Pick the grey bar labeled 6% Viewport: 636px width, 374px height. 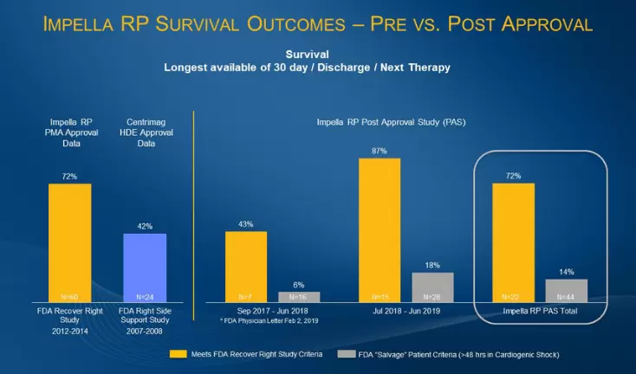click(298, 296)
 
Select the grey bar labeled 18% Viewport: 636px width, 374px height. click(432, 287)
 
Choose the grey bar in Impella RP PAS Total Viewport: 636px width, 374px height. click(567, 290)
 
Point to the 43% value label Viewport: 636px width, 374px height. click(245, 225)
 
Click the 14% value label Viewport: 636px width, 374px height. click(567, 272)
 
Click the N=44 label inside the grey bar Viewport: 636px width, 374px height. click(567, 295)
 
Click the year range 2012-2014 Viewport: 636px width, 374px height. click(69, 330)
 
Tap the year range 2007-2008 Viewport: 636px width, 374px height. click(145, 330)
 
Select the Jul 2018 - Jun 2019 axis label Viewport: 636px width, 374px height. click(406, 309)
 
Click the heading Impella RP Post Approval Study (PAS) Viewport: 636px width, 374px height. click(406, 122)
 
